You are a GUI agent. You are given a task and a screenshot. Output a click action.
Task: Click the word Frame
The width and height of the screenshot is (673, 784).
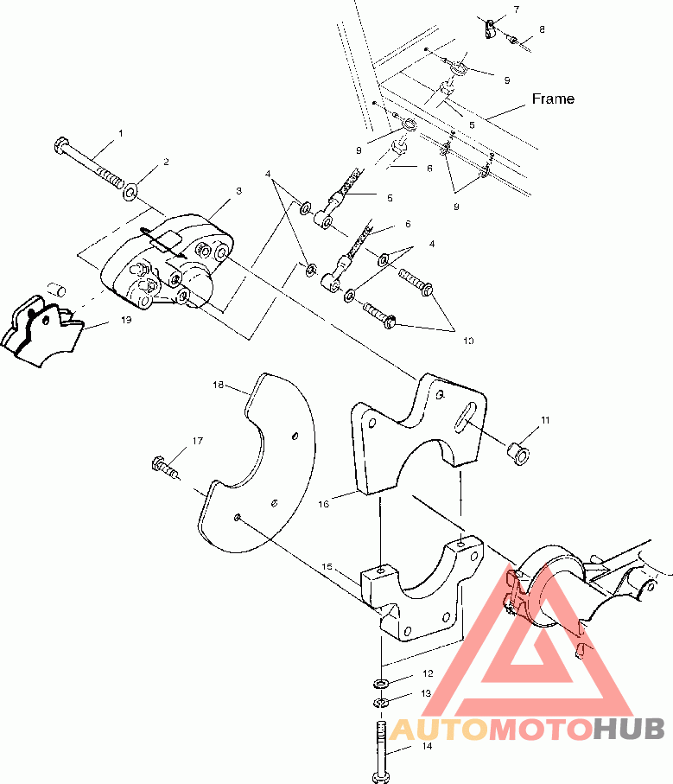pos(553,99)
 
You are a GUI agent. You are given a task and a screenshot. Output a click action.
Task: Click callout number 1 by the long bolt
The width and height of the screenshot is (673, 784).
pos(121,133)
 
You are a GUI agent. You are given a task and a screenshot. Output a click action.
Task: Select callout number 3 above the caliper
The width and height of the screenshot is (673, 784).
pos(238,190)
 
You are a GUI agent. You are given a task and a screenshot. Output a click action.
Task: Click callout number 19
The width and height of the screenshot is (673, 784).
pos(126,319)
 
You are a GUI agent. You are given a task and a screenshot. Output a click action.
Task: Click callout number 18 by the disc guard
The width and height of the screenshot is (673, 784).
pos(218,385)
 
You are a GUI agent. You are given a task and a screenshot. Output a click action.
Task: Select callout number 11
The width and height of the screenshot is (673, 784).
pos(545,421)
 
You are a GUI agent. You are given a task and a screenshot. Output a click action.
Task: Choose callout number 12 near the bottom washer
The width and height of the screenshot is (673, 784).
pos(427,672)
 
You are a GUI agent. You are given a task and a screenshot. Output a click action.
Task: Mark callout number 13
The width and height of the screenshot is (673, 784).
pos(427,693)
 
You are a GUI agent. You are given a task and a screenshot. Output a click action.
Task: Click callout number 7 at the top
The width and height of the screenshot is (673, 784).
pos(516,10)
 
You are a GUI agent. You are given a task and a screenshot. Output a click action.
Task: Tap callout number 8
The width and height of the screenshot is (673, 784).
pos(542,29)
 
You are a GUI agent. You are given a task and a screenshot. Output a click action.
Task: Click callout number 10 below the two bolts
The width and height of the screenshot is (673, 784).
pos(467,341)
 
